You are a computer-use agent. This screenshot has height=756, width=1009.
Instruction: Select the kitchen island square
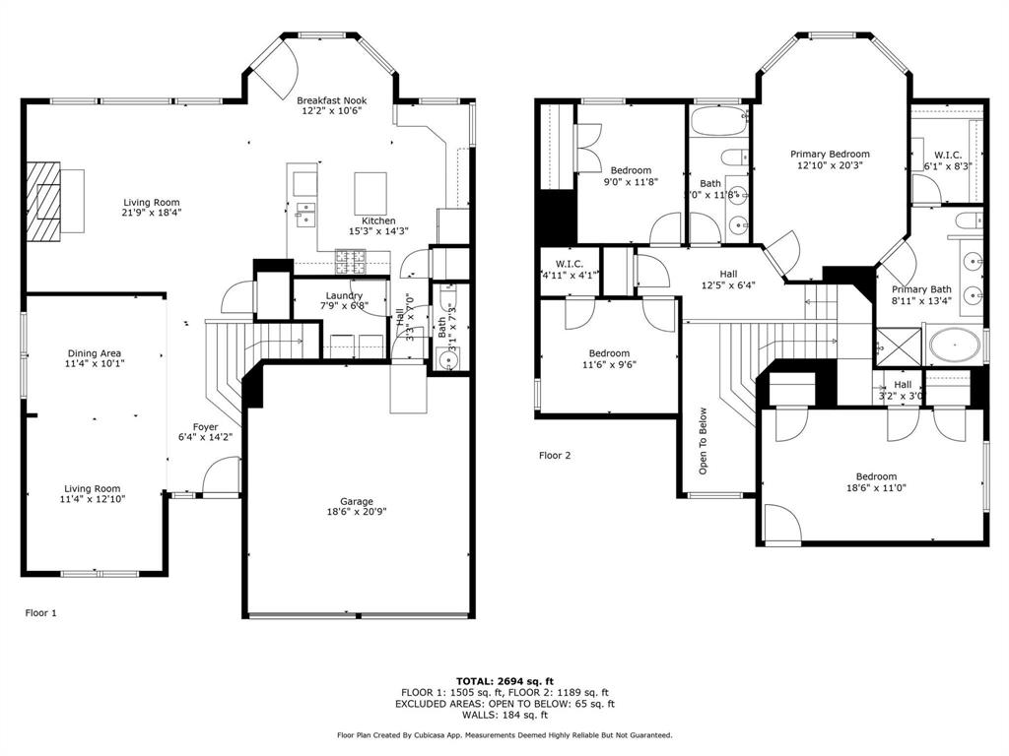click(x=370, y=187)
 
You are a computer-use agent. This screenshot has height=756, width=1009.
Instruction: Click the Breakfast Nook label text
click(x=332, y=105)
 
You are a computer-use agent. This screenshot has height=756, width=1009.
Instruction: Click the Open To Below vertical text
click(x=704, y=441)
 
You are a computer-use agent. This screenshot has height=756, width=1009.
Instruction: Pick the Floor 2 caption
click(x=555, y=455)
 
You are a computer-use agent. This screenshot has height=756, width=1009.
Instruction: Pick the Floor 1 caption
click(x=40, y=612)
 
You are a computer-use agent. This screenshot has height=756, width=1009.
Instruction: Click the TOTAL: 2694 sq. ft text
click(x=504, y=680)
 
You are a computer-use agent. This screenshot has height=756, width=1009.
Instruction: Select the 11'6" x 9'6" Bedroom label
click(x=609, y=359)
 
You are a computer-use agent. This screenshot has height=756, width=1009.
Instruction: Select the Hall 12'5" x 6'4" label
click(x=728, y=281)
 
